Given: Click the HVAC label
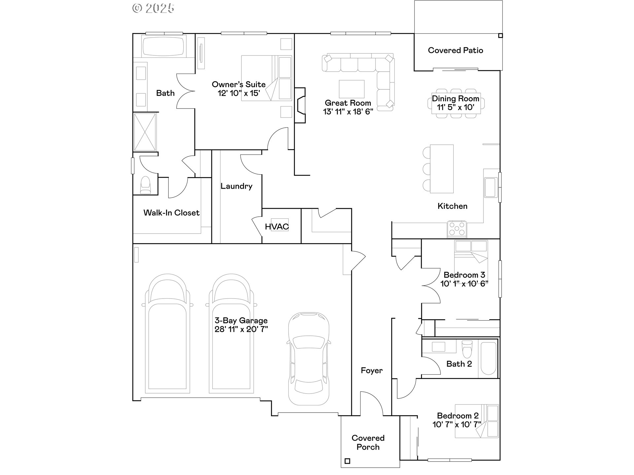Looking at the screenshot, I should (x=277, y=227).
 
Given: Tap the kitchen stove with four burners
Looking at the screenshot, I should (x=457, y=228).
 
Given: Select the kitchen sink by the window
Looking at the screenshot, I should (x=490, y=187).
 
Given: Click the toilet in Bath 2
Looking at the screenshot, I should (x=467, y=349).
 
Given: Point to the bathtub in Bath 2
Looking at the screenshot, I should (x=488, y=359).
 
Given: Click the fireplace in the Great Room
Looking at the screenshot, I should (x=300, y=105).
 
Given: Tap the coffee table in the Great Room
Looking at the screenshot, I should (x=352, y=88).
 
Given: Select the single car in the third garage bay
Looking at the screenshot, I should (x=308, y=359).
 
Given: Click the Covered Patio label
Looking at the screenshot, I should (x=455, y=50).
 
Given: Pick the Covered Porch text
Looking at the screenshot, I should (x=368, y=442).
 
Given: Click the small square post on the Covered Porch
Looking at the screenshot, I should (x=347, y=461).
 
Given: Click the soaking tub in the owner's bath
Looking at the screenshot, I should (x=163, y=47).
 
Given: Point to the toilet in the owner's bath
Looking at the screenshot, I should (x=145, y=185).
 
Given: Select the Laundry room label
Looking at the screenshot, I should (x=236, y=186).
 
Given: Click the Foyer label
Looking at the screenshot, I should (x=371, y=370).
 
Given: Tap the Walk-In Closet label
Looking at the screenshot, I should (x=171, y=213).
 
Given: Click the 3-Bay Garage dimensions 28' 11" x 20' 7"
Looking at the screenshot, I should (x=241, y=329).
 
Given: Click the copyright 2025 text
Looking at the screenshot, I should (x=153, y=8).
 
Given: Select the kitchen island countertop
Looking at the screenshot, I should (x=442, y=169).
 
